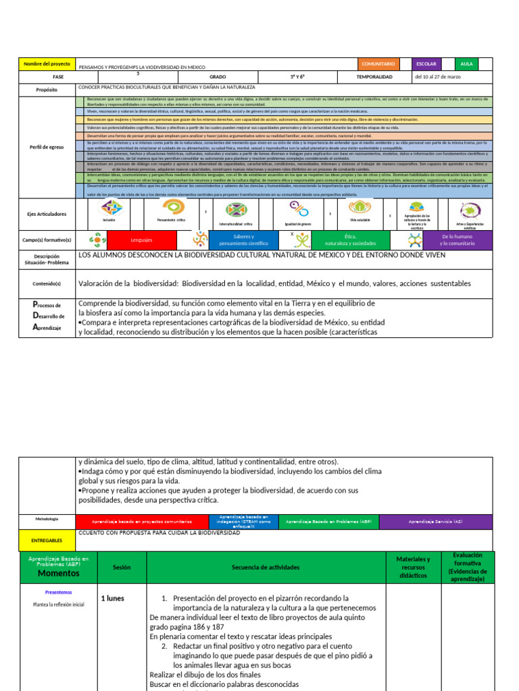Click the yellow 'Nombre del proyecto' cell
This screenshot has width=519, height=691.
(x=47, y=64)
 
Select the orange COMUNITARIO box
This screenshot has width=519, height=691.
(x=378, y=64)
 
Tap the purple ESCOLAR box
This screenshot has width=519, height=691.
(x=426, y=64)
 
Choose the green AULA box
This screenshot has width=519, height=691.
(x=466, y=64)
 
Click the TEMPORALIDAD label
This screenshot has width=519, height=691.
(x=374, y=77)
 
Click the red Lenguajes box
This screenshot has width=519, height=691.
(x=142, y=240)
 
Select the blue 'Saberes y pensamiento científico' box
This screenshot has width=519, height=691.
(x=243, y=240)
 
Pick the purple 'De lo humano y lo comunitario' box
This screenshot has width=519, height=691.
(x=457, y=240)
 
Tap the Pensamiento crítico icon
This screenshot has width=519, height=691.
(x=170, y=207)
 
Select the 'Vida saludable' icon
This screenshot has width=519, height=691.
(x=360, y=207)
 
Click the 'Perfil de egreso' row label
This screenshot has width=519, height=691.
(x=47, y=147)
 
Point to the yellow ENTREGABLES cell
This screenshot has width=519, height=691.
(x=47, y=540)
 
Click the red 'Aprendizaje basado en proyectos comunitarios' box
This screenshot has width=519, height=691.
(x=142, y=522)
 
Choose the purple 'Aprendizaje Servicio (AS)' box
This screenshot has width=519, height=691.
(x=435, y=522)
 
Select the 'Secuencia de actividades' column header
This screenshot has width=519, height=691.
(x=266, y=568)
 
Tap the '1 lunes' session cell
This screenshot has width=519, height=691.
(x=112, y=598)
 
